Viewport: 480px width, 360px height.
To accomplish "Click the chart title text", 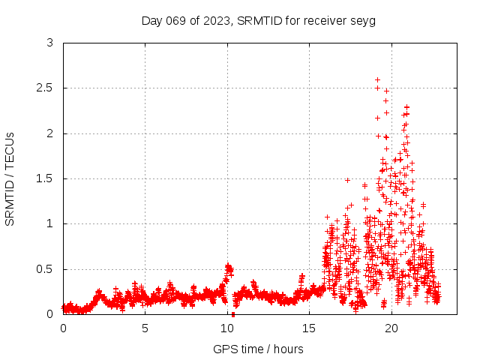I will [x=258, y=20].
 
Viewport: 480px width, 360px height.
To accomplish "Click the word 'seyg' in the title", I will [x=362, y=20].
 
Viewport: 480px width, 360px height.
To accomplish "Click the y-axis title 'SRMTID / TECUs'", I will [x=10, y=178].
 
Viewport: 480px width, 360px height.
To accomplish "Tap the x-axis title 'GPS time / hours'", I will [x=258, y=349].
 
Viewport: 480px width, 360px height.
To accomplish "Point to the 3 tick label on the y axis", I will [x=49, y=43].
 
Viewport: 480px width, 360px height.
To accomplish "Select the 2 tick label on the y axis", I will [x=49, y=133].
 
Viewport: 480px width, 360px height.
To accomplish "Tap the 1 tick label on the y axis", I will [x=49, y=223].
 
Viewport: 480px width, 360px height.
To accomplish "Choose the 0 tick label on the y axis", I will [x=49, y=314].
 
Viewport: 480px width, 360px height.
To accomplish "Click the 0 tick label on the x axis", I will [x=63, y=328].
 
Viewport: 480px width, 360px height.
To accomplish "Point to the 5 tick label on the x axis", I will [x=145, y=328].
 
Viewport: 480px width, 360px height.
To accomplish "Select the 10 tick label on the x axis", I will [x=227, y=328].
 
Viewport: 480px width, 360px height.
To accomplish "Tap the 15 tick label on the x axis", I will [x=309, y=328].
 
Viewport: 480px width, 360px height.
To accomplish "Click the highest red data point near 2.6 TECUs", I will [x=377, y=79].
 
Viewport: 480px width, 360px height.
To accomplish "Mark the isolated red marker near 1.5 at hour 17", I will [x=347, y=180].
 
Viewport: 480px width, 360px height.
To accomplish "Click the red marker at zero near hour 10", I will [x=233, y=314].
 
